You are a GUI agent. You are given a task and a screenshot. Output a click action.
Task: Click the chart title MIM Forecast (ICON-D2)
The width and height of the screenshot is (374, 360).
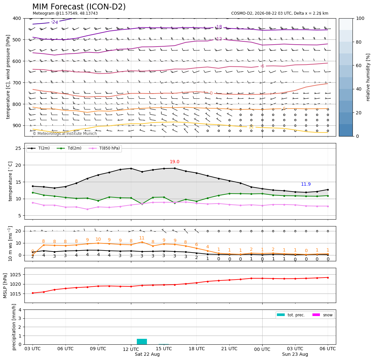[79, 7]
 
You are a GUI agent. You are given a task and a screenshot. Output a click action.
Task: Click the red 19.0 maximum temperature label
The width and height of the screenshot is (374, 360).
[175, 162]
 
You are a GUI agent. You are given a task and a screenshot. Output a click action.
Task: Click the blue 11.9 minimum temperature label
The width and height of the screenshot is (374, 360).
[306, 184]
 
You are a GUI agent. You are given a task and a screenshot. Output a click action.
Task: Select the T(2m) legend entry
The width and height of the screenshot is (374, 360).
[39, 148]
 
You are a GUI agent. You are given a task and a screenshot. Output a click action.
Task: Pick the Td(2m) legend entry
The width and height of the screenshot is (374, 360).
[69, 148]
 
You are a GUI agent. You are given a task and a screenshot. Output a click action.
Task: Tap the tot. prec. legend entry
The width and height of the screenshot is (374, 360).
[291, 315]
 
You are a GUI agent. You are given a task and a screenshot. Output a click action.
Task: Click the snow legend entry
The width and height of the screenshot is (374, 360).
[323, 315]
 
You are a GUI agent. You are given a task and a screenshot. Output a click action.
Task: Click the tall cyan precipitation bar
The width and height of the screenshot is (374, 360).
[142, 341]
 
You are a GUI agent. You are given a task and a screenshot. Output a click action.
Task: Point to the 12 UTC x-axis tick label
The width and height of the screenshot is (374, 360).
[131, 349]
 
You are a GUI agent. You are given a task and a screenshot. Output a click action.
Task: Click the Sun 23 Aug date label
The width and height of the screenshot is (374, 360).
[295, 354]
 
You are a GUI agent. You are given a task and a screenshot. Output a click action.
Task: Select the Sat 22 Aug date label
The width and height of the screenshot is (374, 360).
[147, 354]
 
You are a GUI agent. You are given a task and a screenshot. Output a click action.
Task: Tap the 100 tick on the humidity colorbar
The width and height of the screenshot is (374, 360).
[360, 18]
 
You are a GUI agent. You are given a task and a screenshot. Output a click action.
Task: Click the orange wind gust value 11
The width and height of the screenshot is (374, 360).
[142, 238]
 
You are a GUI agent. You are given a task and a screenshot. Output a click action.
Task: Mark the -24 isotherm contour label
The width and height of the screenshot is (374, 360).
[55, 22]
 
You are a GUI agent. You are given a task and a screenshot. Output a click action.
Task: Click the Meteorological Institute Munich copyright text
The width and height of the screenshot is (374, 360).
[65, 134]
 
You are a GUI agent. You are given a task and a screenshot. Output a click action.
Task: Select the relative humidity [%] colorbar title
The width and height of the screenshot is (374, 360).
[368, 77]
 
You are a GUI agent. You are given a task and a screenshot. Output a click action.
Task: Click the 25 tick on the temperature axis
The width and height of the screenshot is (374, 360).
[18, 148]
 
